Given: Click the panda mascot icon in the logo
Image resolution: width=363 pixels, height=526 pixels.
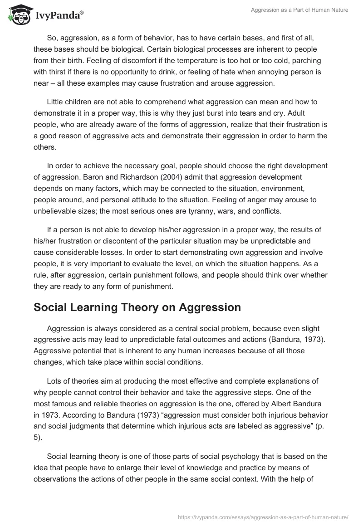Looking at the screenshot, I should pos(17,15).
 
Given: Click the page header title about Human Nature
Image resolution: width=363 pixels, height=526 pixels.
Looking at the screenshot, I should pos(299,10).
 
